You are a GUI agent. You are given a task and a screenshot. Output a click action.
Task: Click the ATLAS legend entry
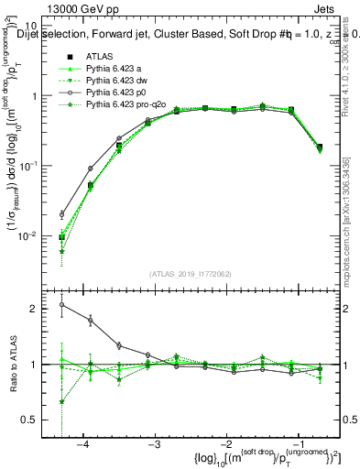click(x=98, y=58)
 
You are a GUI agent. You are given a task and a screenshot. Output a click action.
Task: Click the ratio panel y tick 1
click(x=42, y=365)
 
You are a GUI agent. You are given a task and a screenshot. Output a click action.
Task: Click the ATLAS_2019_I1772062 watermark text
click(x=190, y=273)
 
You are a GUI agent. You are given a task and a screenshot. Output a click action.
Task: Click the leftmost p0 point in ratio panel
click(x=61, y=305)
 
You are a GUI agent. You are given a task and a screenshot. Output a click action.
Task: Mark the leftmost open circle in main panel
click(x=61, y=214)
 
